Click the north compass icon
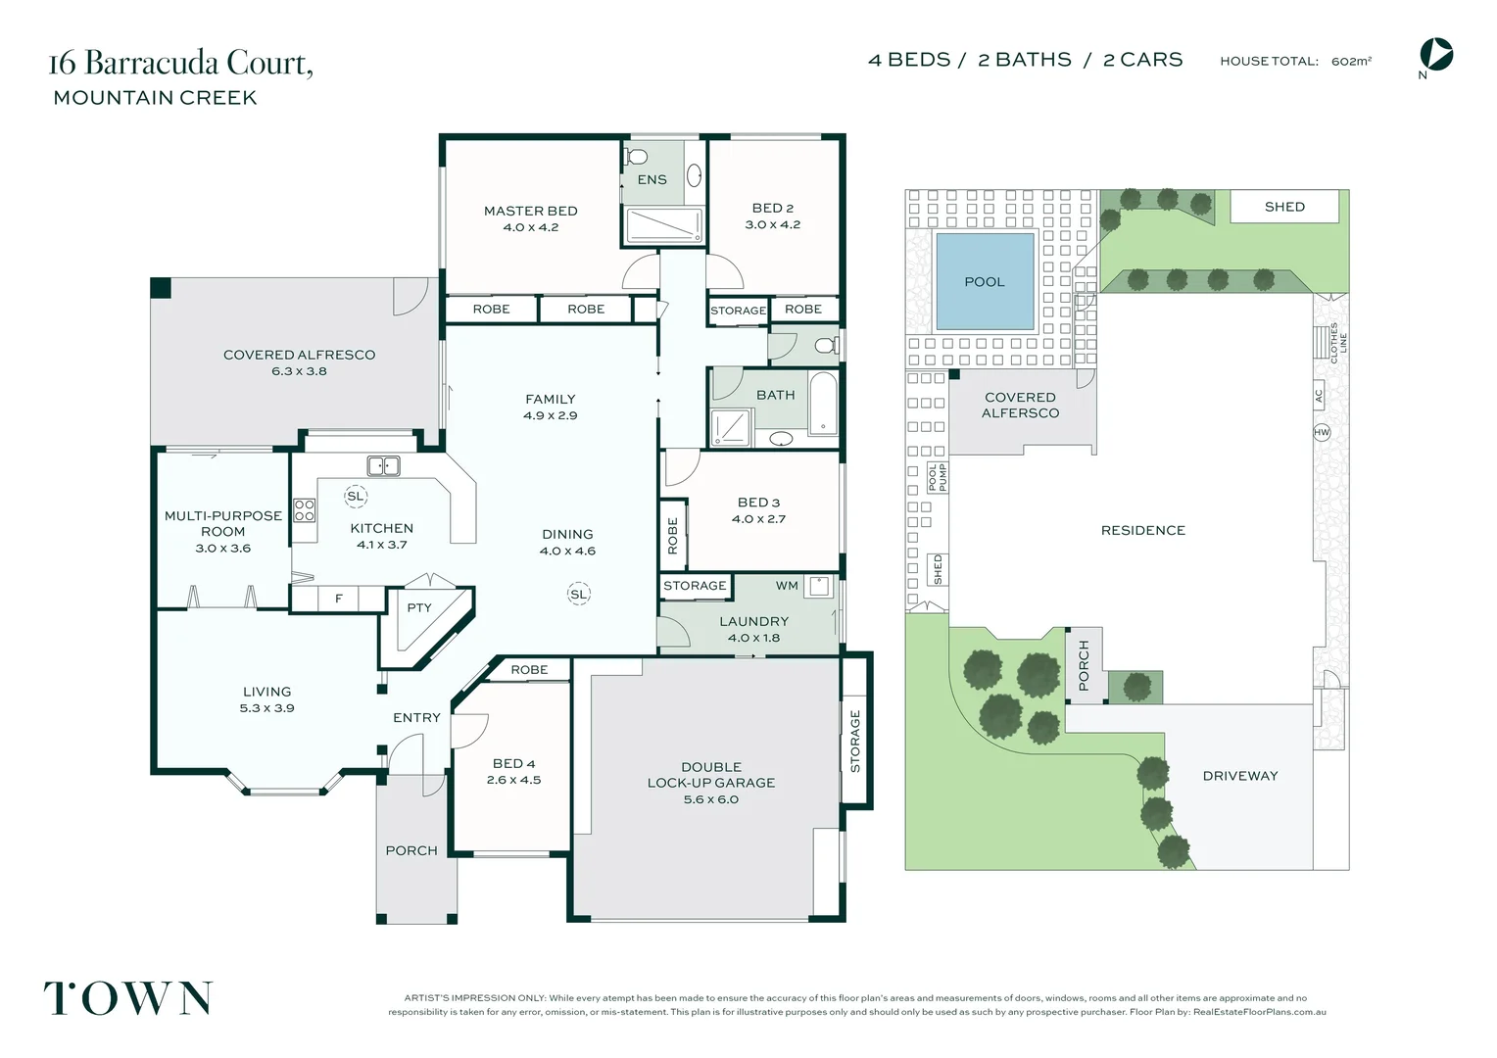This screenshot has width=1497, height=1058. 1435,55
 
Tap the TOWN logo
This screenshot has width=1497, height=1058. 127,998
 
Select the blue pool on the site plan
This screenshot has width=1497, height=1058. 985,281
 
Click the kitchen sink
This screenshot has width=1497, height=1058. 384,466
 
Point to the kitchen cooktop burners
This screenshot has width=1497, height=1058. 304,510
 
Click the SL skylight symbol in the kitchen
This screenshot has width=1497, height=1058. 356,496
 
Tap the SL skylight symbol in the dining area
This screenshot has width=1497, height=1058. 579,595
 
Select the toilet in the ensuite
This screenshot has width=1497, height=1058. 636,157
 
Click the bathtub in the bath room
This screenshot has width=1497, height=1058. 823,405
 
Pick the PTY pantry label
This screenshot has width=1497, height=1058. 419,607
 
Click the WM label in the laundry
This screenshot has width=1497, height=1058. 787,586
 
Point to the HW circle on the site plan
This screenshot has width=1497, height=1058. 1322,432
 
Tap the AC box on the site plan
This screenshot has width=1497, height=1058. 1319,396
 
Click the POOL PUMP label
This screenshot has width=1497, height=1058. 938,477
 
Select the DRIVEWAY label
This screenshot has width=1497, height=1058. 1240,776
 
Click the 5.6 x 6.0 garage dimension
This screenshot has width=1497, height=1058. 711,799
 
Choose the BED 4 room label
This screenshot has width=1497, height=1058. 513,763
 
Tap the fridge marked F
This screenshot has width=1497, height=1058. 339,599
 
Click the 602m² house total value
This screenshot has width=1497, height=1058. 1351,61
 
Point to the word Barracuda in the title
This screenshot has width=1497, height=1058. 152,63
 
